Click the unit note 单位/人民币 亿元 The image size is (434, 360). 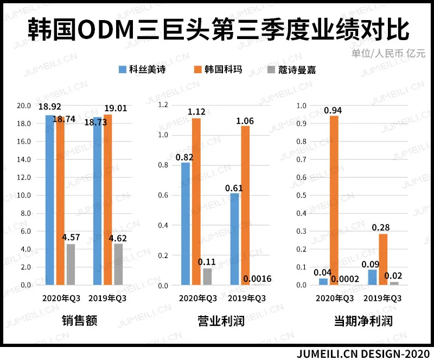click(x=388, y=54)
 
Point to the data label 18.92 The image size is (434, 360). click(x=49, y=107)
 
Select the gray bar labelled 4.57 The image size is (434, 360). click(x=71, y=265)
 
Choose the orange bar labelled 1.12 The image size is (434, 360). click(x=196, y=201)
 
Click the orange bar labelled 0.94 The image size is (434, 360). click(x=334, y=201)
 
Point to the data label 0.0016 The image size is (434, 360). click(x=258, y=279)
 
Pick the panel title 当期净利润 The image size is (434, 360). click(x=362, y=321)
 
